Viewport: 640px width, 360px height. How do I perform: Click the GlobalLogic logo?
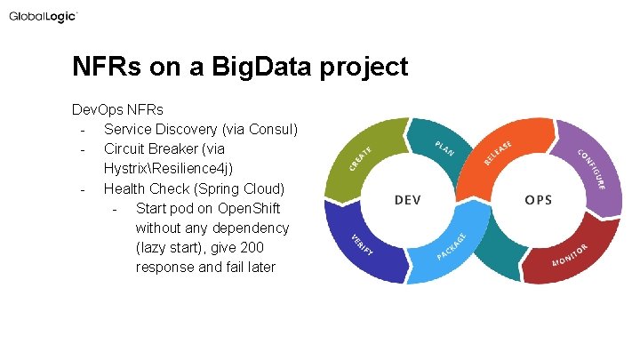click(44, 17)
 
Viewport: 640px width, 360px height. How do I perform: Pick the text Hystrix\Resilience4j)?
click(169, 169)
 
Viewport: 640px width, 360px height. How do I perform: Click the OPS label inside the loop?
click(537, 200)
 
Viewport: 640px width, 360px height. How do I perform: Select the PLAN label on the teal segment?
click(444, 148)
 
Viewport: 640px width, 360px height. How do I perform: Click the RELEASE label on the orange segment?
click(498, 153)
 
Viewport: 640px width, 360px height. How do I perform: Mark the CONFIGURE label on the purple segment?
click(591, 169)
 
